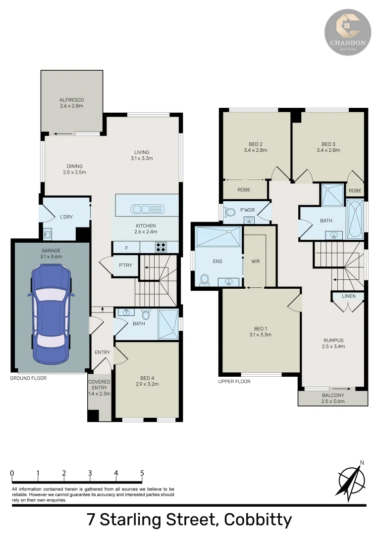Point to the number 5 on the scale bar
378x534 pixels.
pyautogui.click(x=142, y=473)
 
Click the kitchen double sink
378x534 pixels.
pyautogui.click(x=147, y=209)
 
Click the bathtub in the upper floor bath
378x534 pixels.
pyautogui.click(x=355, y=220)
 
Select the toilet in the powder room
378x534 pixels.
pyautogui.click(x=230, y=213)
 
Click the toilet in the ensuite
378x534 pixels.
pyautogui.click(x=204, y=280)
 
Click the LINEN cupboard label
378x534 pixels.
pyautogui.click(x=348, y=296)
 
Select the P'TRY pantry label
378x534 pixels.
pyautogui.click(x=124, y=265)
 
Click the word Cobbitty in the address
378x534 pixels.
pyautogui.click(x=258, y=520)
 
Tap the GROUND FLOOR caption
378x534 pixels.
pyautogui.click(x=28, y=378)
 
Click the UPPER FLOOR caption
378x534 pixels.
pyautogui.click(x=234, y=382)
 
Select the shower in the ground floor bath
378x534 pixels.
pyautogui.click(x=168, y=324)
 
